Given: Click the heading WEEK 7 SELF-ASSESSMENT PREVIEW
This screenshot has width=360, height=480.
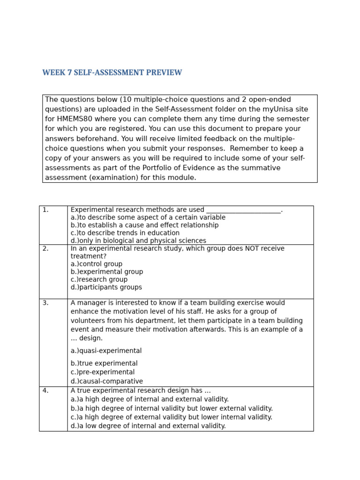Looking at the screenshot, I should tap(112, 73).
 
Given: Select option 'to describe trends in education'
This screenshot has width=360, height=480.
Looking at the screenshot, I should tap(125, 233).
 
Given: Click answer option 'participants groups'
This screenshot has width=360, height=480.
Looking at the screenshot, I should tap(106, 287).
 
